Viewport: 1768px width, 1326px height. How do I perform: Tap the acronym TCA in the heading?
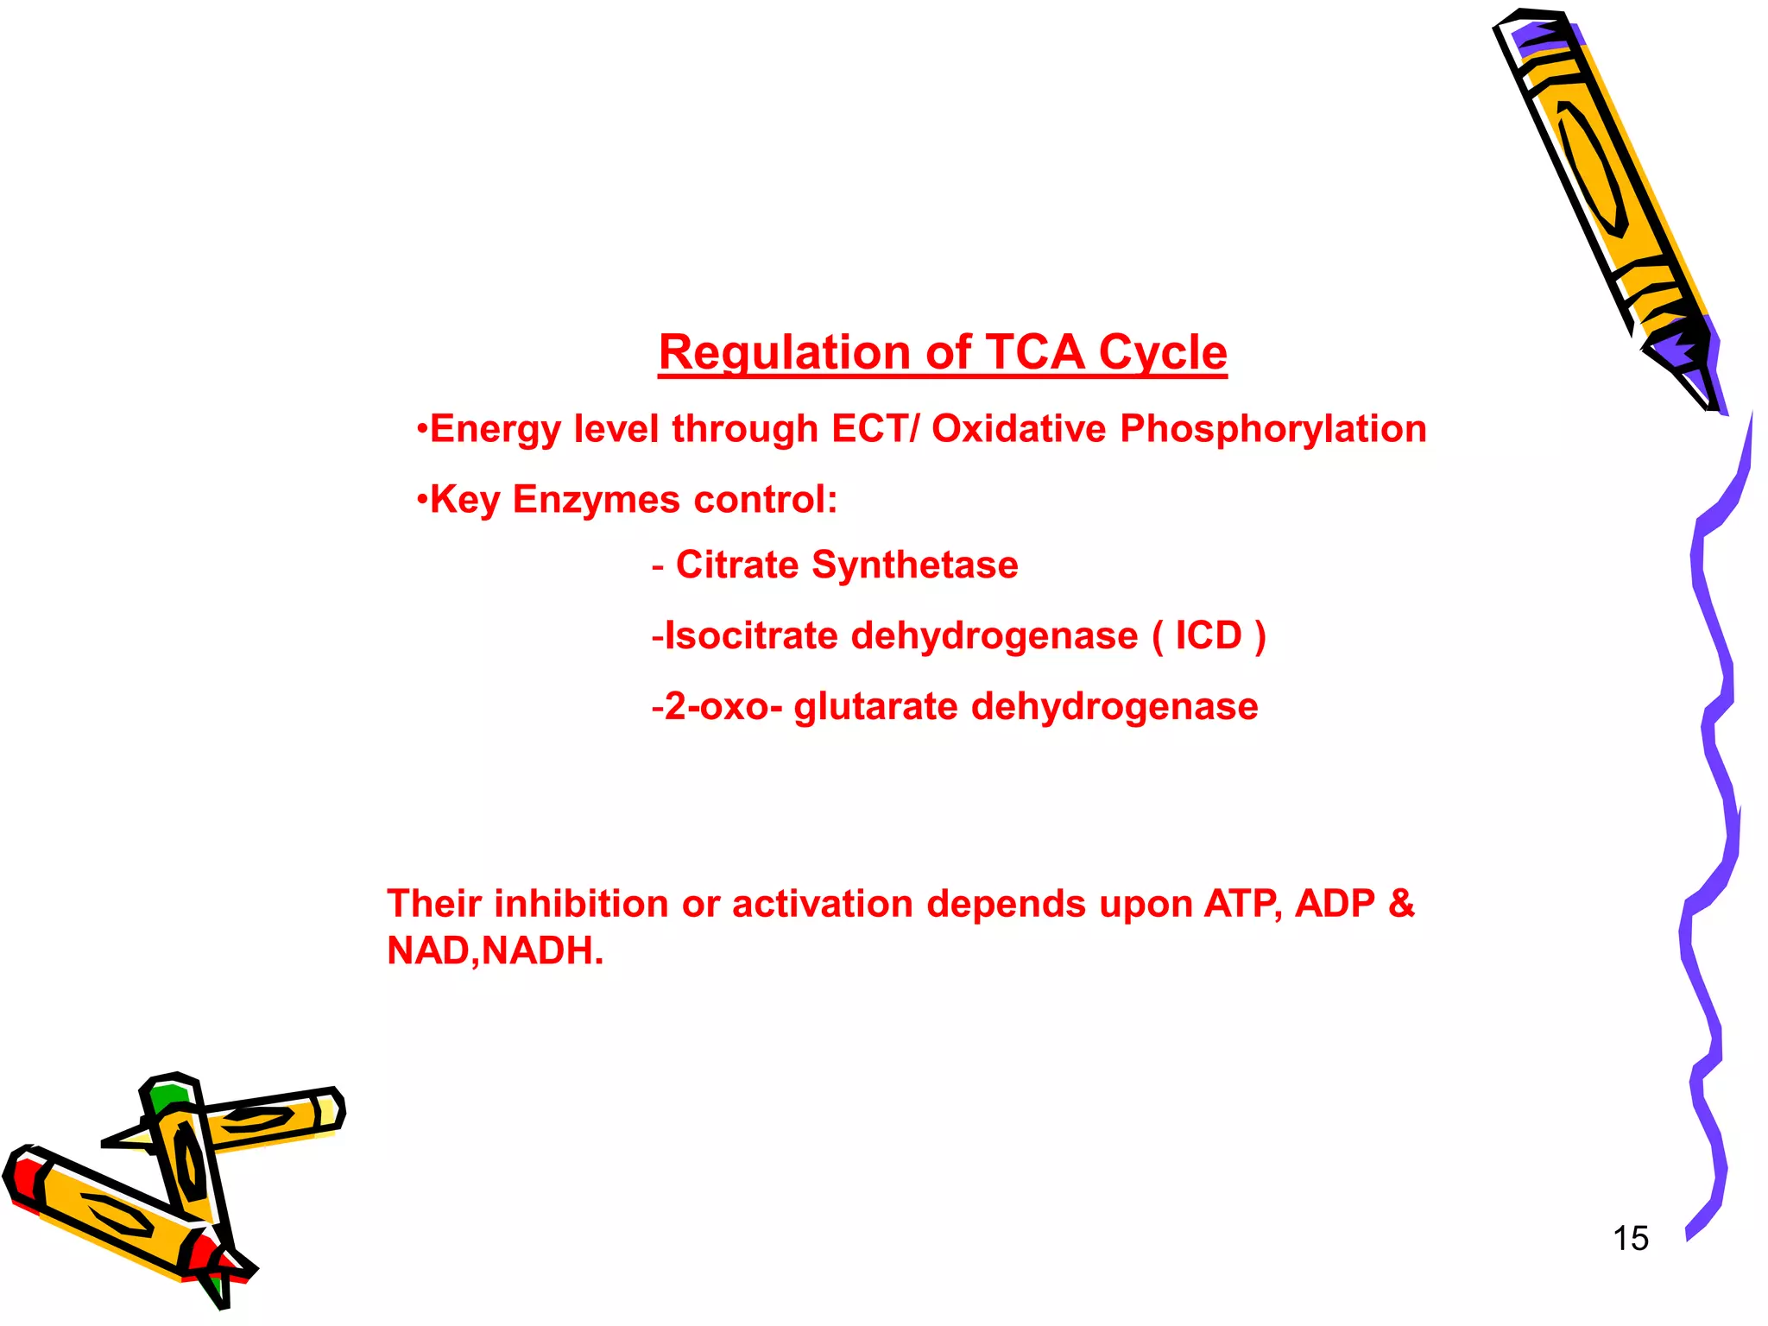pos(1033,353)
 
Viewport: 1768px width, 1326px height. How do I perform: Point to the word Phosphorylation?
pos(1272,429)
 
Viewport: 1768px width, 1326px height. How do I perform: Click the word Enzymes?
pos(596,500)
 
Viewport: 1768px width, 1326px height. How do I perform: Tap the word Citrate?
pos(737,565)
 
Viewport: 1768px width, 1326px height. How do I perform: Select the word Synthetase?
pos(915,565)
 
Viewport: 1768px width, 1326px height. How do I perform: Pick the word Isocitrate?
pos(751,636)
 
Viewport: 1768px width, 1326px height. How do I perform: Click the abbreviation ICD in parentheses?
pos(1208,636)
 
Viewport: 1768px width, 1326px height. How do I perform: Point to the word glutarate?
pos(875,707)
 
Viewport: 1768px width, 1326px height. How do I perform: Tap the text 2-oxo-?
pos(723,707)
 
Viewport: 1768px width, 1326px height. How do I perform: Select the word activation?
pos(823,904)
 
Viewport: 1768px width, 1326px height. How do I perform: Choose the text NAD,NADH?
pos(495,951)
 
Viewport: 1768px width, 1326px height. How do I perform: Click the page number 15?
pos(1630,1239)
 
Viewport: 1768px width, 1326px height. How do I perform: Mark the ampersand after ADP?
pos(1400,904)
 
